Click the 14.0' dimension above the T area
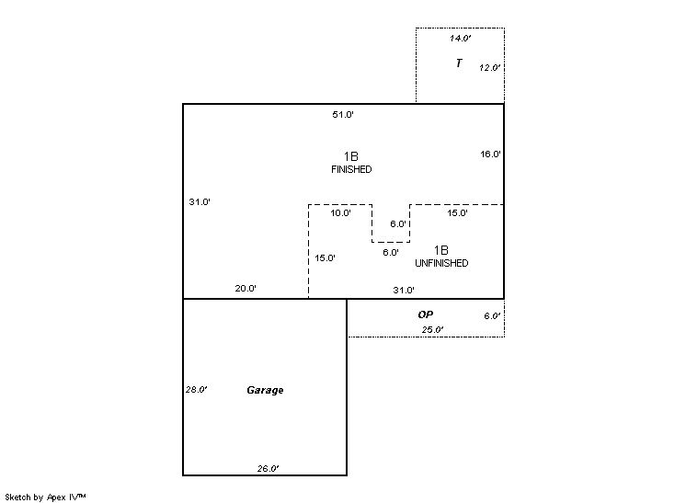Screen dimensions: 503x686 coord(460,39)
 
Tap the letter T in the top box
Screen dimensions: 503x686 coord(458,63)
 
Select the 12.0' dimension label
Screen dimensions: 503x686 coord(489,68)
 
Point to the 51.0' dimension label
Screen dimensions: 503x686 coord(343,115)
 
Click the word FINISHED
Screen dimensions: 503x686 coord(351,170)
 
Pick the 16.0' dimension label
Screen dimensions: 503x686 coord(490,154)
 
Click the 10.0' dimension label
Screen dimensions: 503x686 coord(340,213)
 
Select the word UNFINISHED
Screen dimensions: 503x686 coord(441,264)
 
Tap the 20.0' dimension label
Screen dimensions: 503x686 coord(246,289)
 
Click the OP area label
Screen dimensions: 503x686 coord(425,314)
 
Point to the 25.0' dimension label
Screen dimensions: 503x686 coord(432,330)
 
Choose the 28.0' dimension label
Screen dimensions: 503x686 coord(196,390)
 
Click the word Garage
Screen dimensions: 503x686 coord(265,391)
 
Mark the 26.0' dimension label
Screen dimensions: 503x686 coord(268,469)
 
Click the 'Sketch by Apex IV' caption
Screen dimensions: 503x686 coord(45,497)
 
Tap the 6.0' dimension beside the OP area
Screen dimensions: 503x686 coord(492,316)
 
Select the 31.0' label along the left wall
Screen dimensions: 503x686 coord(200,202)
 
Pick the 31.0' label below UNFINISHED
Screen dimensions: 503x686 coord(404,291)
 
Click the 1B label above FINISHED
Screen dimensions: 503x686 coord(351,156)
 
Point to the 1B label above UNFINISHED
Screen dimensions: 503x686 coord(441,250)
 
